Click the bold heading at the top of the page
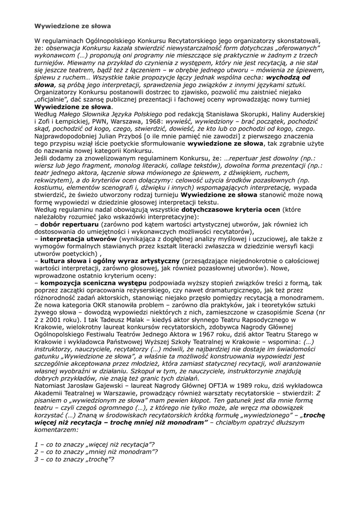tap(73, 25)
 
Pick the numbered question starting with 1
tap(94, 444)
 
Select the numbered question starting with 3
tap(74, 459)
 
